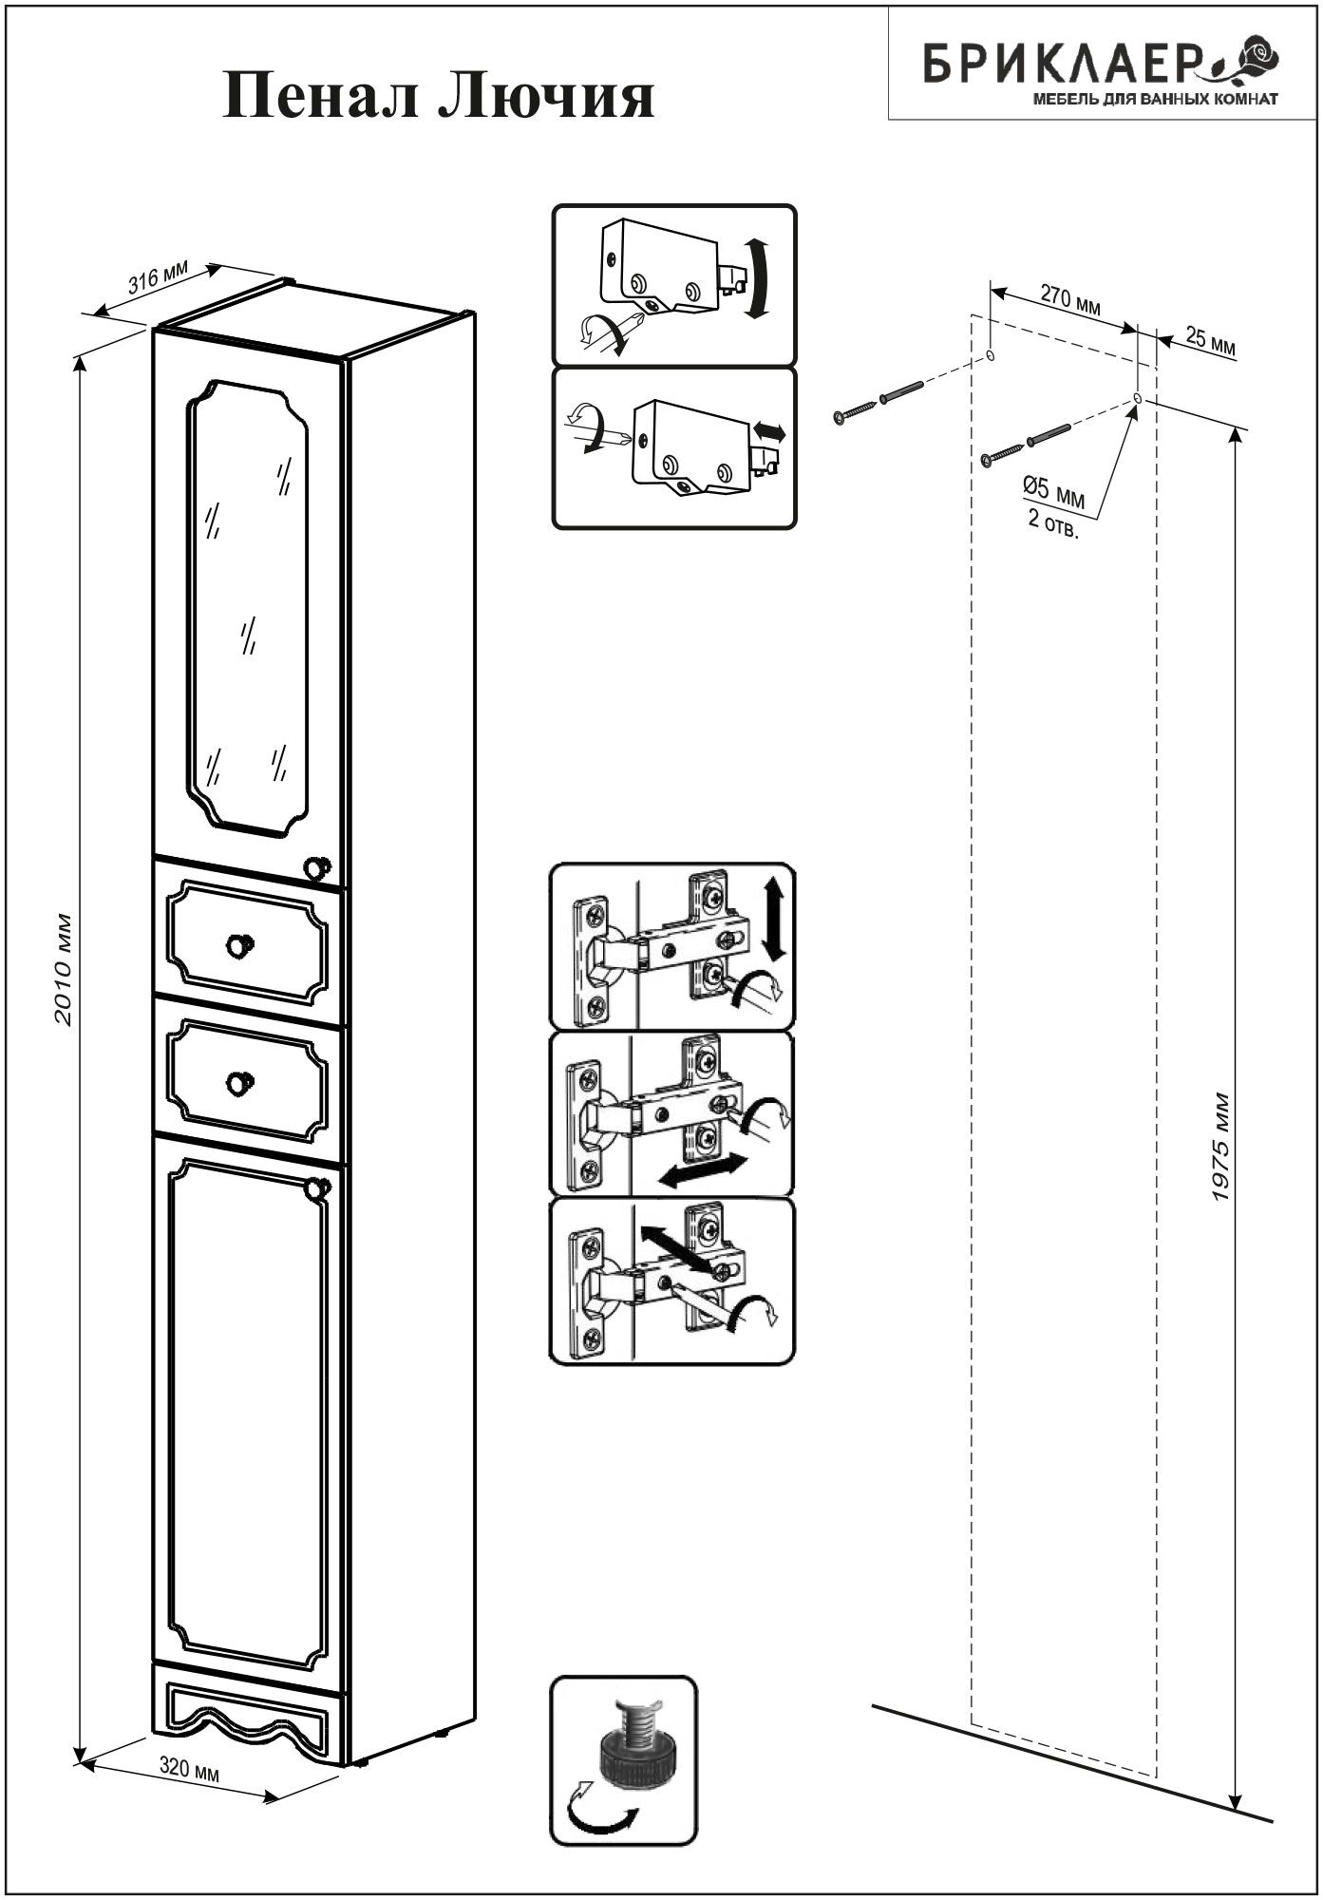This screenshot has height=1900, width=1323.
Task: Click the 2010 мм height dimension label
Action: [63, 968]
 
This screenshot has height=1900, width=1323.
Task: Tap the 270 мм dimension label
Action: [1069, 299]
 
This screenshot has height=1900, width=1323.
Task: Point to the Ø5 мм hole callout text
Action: [1053, 492]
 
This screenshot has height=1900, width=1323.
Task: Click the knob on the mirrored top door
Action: [316, 866]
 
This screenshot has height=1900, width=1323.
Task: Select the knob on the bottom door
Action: [318, 1187]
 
